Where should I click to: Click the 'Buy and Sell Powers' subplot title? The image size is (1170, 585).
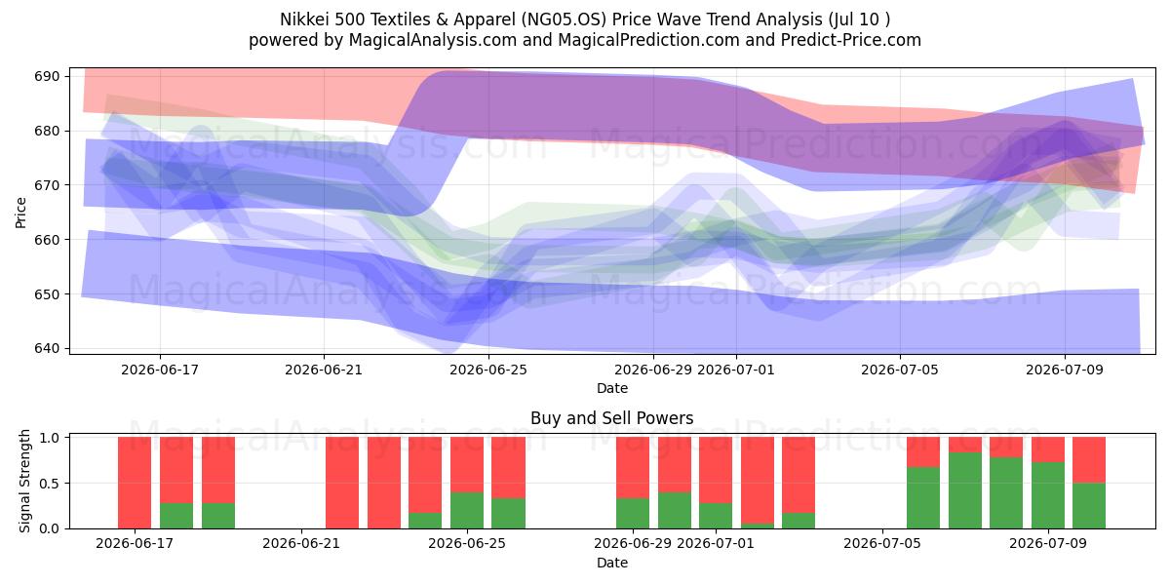[x=611, y=418]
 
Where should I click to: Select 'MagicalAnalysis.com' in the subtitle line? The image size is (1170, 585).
[x=433, y=40]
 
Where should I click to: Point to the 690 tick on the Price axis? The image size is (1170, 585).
[x=47, y=76]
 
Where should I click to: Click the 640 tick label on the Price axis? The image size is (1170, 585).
[x=47, y=348]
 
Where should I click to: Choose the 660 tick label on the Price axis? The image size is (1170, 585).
[x=47, y=240]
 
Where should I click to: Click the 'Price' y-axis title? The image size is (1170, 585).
[x=20, y=213]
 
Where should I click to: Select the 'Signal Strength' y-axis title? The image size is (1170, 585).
[x=24, y=481]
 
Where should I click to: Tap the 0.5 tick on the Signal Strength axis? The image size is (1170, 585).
[x=50, y=484]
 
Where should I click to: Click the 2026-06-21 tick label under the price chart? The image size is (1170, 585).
[x=324, y=370]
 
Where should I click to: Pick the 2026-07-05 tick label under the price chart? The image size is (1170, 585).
[x=899, y=370]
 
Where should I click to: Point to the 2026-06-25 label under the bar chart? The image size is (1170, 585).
[x=467, y=543]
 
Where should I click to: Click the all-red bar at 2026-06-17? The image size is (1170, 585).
[x=135, y=483]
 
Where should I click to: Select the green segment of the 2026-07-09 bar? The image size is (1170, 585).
[x=1048, y=495]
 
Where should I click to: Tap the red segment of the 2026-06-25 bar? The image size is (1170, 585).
[x=467, y=464]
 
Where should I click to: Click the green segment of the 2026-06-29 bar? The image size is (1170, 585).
[x=633, y=514]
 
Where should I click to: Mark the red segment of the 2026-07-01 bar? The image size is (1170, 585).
[x=716, y=470]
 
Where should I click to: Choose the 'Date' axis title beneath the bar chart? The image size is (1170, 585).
[x=612, y=563]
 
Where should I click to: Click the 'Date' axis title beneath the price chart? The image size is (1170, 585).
[x=612, y=388]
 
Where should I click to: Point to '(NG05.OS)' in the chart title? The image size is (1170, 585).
[x=564, y=19]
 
